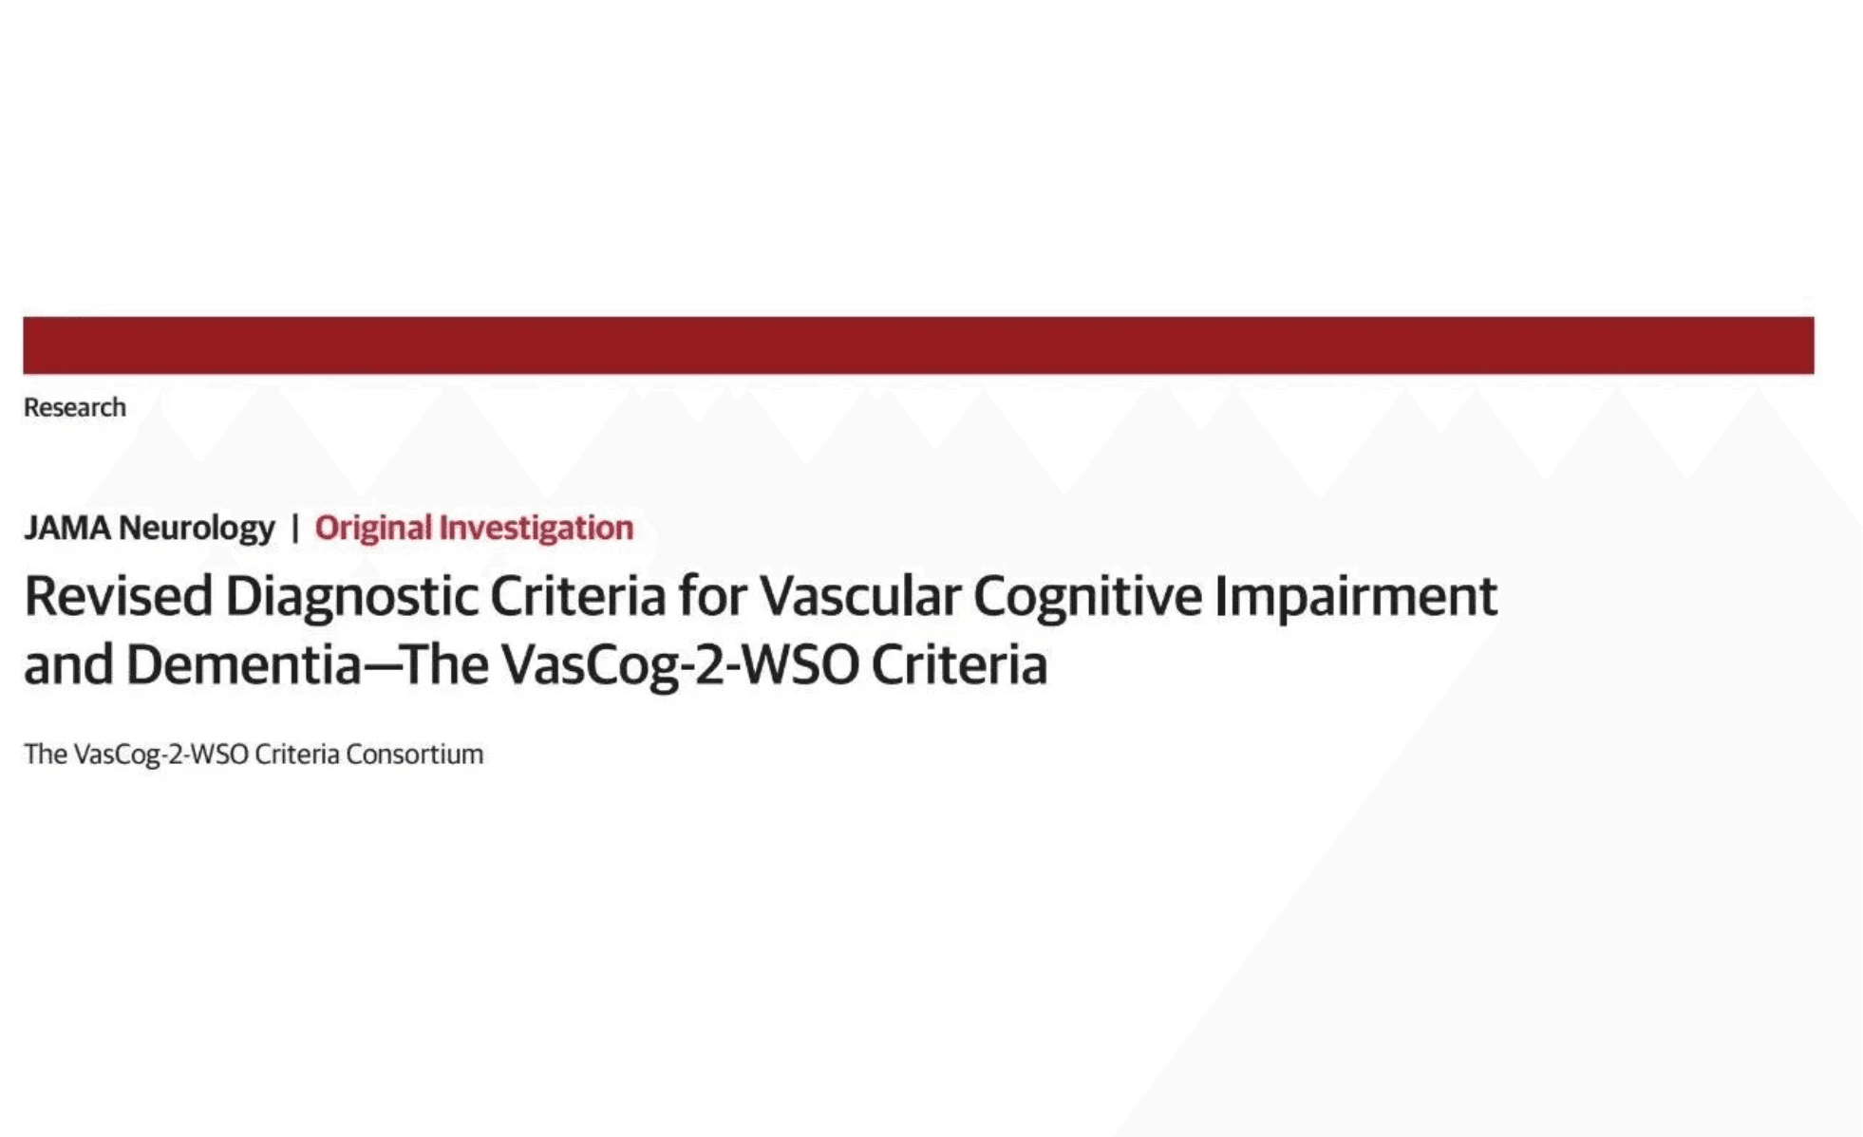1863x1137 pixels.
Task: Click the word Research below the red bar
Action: (74, 407)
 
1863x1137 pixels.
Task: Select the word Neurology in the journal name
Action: (197, 528)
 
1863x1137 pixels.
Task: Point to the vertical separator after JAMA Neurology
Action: (294, 528)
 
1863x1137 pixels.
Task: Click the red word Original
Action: (372, 528)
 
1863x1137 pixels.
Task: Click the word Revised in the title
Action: (118, 597)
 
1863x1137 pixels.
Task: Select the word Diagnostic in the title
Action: (350, 597)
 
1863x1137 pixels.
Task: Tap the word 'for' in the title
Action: (712, 597)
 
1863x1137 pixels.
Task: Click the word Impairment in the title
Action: (1355, 597)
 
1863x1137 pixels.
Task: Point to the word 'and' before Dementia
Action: (67, 664)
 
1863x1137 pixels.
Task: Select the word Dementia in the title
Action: (243, 664)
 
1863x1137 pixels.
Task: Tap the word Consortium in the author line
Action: (414, 755)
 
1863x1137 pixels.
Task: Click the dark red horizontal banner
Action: (918, 345)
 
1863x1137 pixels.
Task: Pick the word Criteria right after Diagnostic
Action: (577, 597)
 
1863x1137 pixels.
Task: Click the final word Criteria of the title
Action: (959, 664)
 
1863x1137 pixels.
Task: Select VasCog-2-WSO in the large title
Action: (680, 664)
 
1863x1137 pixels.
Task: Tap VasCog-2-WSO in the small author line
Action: (160, 755)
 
